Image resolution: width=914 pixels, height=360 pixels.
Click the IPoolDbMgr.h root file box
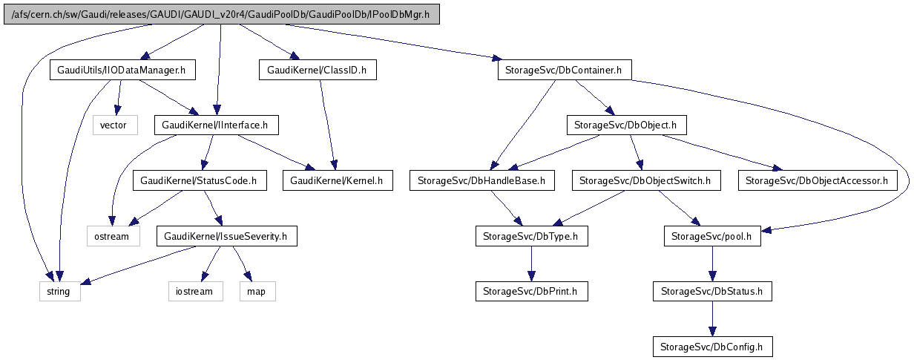point(222,14)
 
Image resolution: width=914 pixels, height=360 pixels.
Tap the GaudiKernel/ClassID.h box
point(318,71)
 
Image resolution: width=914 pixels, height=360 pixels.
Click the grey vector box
point(115,125)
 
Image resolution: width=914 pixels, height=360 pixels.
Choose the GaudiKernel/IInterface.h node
point(216,125)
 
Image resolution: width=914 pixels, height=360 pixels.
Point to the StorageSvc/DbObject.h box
point(626,125)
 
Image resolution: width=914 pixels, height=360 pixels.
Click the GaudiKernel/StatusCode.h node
point(199,180)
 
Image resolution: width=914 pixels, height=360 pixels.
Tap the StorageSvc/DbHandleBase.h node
point(481,180)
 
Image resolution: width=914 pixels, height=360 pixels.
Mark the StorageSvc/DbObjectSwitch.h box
point(645,180)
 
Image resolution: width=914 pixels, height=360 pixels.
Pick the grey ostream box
point(111,237)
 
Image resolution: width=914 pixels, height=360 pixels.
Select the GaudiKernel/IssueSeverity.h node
point(226,237)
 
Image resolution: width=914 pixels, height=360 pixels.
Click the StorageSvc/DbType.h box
point(531,237)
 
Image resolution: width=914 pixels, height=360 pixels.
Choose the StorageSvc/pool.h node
point(711,237)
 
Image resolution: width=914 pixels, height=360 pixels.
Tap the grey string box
point(58,291)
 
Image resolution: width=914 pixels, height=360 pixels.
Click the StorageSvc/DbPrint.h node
point(531,291)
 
